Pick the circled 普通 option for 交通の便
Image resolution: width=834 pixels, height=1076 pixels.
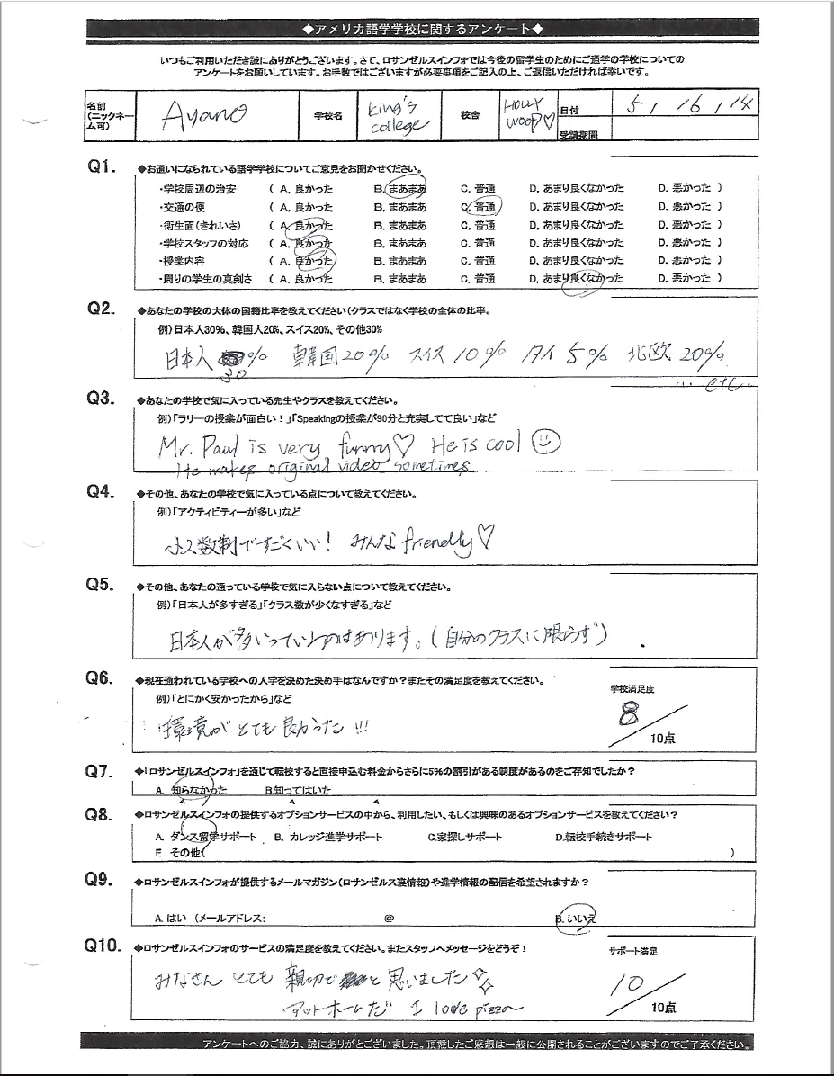tap(483, 206)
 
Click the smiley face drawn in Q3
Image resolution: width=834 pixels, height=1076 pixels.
tap(548, 442)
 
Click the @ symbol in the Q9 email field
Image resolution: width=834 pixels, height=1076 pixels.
tap(390, 919)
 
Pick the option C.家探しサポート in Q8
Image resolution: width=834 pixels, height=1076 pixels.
tap(465, 837)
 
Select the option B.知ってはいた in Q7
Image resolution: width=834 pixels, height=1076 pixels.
tap(299, 791)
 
